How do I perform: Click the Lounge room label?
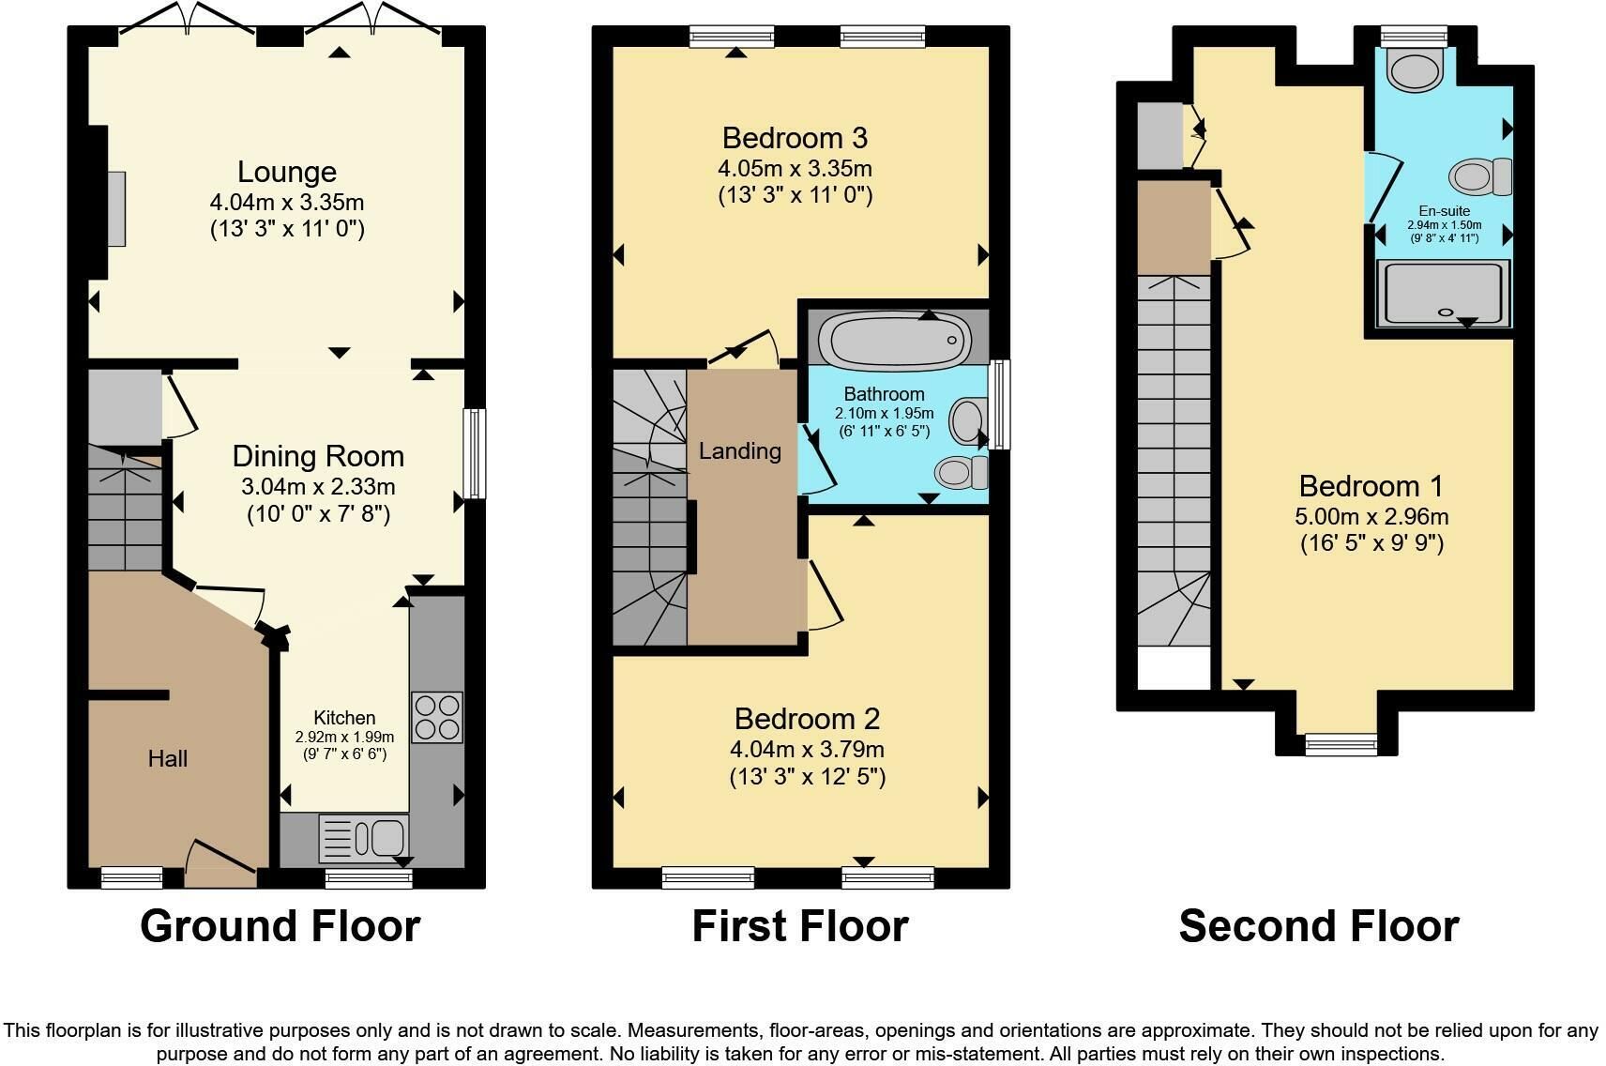[287, 172]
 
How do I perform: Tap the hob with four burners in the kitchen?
[436, 717]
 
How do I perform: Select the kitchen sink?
[363, 838]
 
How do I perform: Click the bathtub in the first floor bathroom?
[895, 340]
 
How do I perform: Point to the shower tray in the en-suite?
[1444, 294]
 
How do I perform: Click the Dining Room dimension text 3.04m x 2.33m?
[318, 487]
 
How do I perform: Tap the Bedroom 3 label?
[795, 138]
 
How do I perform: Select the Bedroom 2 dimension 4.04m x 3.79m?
[808, 750]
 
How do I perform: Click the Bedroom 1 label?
[1371, 486]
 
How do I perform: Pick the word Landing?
[740, 451]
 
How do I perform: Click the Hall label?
[168, 758]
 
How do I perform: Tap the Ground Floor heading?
[280, 926]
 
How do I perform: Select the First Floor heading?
[800, 926]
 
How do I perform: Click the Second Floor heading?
[1319, 926]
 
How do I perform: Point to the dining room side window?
[474, 453]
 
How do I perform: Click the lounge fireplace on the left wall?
[117, 208]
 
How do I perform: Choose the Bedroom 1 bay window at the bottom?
[1341, 744]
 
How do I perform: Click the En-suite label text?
[1445, 211]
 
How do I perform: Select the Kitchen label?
[344, 717]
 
